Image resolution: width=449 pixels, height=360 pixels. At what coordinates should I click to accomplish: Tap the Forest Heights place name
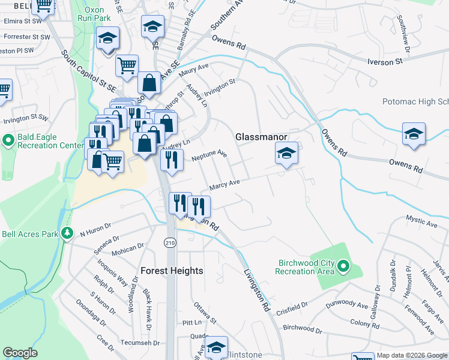[x=172, y=271]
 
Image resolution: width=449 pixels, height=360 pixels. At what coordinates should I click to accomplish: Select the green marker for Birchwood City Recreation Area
[x=343, y=265]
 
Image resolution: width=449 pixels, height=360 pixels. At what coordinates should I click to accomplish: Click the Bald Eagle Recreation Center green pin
[x=8, y=141]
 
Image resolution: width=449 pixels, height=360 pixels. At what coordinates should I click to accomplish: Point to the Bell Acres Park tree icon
[x=68, y=233]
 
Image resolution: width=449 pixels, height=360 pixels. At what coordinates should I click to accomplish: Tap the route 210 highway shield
[x=169, y=241]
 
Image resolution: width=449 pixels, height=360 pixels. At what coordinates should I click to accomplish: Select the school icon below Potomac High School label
[x=414, y=134]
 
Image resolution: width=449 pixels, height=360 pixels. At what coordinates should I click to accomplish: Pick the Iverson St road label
[x=385, y=62]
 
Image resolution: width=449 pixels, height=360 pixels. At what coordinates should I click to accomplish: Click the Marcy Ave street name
[x=224, y=184]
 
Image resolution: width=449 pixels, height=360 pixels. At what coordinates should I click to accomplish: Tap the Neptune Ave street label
[x=209, y=156]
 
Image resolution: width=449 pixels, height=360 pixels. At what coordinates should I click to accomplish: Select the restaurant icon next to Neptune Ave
[x=172, y=160]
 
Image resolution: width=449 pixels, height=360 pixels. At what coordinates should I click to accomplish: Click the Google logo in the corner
[x=20, y=353]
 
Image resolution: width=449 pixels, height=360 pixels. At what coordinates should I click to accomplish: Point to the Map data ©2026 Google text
[x=412, y=355]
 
